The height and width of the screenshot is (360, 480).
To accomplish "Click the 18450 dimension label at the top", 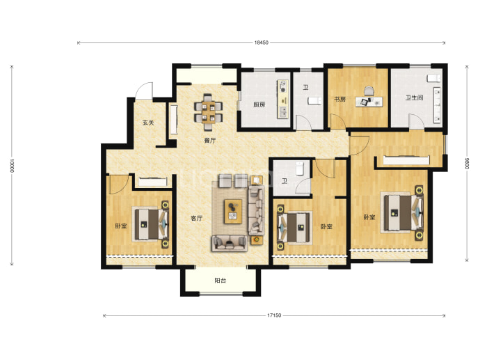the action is point(261,42).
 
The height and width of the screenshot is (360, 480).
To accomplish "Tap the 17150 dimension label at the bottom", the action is point(274,315).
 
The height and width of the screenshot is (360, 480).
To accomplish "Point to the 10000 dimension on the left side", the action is point(12,166).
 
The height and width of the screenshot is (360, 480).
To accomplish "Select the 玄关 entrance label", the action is point(148,123).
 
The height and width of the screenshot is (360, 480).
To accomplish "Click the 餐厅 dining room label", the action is point(210,141).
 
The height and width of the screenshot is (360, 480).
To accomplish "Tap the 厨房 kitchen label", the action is point(259,104).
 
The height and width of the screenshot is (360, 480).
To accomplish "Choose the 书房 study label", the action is point(339,99).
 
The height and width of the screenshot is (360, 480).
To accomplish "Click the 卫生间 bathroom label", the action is point(415,97).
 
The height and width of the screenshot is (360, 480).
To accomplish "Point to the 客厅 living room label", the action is point(197,218).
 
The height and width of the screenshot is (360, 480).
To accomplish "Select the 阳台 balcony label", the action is point(220,281).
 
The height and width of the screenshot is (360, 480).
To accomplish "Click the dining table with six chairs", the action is point(209,112).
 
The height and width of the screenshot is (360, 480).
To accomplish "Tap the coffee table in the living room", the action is point(233,212).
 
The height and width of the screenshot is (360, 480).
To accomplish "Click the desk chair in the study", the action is point(369,91).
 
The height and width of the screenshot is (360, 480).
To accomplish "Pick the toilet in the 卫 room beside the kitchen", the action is point(314,100).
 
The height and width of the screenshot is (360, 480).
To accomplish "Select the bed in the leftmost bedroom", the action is point(151,224).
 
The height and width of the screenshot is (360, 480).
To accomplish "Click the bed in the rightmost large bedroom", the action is point(402,212).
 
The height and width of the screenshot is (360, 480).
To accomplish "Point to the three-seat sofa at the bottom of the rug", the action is point(230,243).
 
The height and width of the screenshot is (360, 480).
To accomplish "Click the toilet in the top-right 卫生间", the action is point(434,78).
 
